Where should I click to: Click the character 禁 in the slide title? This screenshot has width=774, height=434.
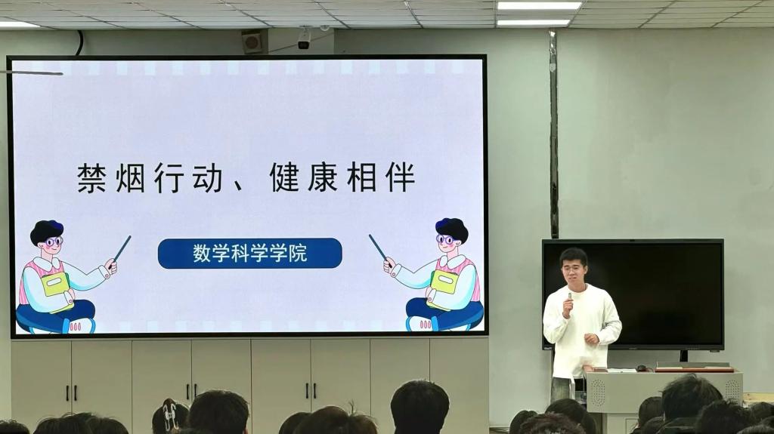point(91,177)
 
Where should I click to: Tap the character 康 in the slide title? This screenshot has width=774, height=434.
point(323,177)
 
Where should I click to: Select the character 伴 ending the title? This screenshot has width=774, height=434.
point(401,177)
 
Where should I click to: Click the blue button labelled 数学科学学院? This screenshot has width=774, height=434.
point(249,254)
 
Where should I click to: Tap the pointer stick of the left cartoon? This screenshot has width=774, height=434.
point(122,248)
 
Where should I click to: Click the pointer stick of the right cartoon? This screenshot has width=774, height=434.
point(379,248)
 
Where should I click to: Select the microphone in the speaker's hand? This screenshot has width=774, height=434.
point(569,297)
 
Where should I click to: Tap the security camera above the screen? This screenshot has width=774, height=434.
point(304,39)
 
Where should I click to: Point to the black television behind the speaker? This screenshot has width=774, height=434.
point(633,294)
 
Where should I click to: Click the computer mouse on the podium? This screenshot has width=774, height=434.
point(642,368)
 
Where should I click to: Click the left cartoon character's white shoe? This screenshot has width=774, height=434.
point(79,325)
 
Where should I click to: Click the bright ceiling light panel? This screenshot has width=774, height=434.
point(539,5)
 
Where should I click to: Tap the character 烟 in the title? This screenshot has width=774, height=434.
point(130,177)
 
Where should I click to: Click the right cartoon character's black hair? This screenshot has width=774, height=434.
point(452,228)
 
